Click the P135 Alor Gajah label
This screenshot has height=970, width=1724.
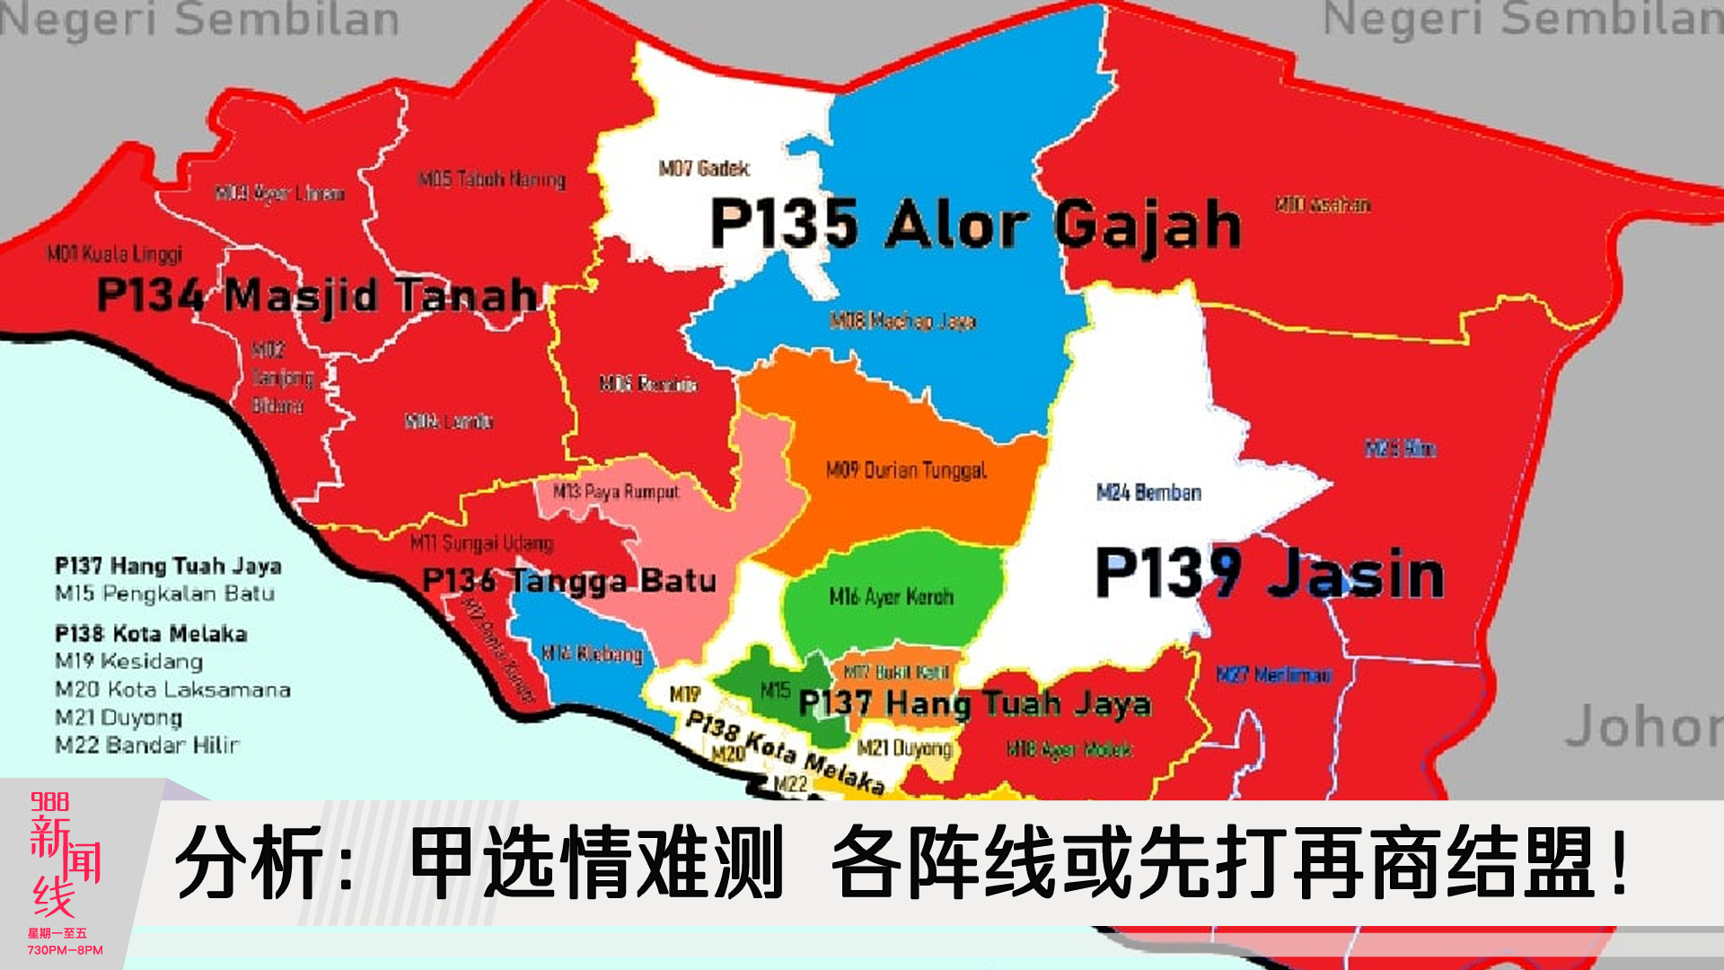click(x=975, y=224)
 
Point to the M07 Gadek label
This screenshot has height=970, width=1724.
click(x=704, y=168)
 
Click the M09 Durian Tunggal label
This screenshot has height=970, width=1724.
click(x=906, y=470)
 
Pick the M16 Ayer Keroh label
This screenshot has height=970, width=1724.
click(x=891, y=596)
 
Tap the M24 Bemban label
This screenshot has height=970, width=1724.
click(x=1148, y=492)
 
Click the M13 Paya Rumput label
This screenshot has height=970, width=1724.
click(x=616, y=491)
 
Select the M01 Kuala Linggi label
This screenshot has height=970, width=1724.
click(x=115, y=254)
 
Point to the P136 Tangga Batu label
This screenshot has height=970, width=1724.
click(x=569, y=580)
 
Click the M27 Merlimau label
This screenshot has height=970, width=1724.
click(x=1273, y=674)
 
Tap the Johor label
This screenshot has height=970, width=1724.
click(x=1643, y=726)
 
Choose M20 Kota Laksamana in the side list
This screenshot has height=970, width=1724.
click(x=172, y=689)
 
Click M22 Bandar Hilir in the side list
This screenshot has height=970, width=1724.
click(x=147, y=745)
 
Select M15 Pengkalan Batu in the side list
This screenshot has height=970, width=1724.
click(x=165, y=593)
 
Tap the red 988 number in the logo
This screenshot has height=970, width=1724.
click(x=49, y=801)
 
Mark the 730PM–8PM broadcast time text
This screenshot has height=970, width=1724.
click(x=65, y=949)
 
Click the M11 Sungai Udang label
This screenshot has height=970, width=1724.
click(x=481, y=542)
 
